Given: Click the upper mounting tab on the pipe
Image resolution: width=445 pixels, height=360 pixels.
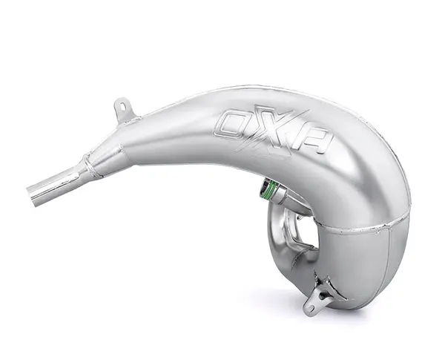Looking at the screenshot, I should (x=125, y=110).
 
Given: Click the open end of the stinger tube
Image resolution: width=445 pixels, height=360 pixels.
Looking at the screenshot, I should (x=32, y=193).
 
